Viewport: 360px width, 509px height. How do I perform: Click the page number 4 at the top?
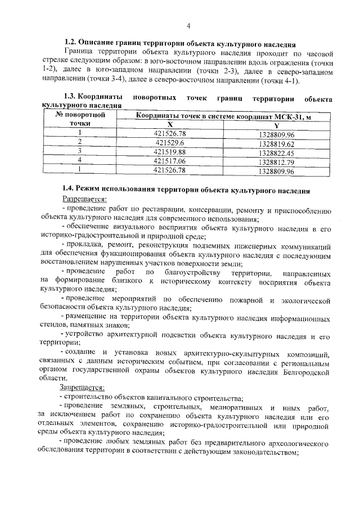click(x=188, y=26)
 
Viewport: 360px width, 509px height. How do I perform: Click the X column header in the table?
click(x=169, y=125)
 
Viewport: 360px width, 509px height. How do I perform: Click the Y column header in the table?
click(x=276, y=125)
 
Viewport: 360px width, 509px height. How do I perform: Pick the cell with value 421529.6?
click(x=169, y=143)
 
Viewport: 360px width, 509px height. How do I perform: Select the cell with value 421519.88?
click(x=169, y=152)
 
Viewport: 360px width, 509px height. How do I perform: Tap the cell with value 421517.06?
click(x=169, y=161)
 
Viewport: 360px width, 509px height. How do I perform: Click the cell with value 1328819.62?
click(x=276, y=143)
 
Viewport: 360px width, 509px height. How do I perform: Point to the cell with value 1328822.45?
click(x=276, y=152)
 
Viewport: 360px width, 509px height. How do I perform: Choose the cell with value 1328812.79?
click(x=276, y=161)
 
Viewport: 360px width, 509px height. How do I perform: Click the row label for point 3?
click(x=80, y=152)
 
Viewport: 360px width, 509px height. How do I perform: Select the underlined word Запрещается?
click(x=82, y=388)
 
